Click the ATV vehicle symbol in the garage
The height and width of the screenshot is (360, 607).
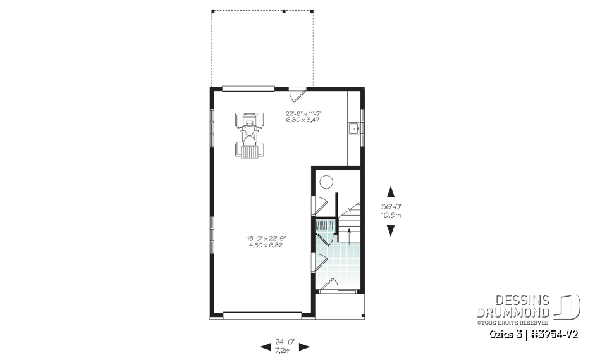click(250, 135)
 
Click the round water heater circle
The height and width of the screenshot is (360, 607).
click(326, 183)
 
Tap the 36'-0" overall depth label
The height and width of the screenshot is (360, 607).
click(391, 207)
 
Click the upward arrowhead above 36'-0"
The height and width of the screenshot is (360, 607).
click(391, 192)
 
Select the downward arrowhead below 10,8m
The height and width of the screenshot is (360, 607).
click(391, 230)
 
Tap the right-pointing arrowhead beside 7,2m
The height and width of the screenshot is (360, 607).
click(304, 346)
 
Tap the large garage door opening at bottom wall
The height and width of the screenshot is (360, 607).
click(262, 313)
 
